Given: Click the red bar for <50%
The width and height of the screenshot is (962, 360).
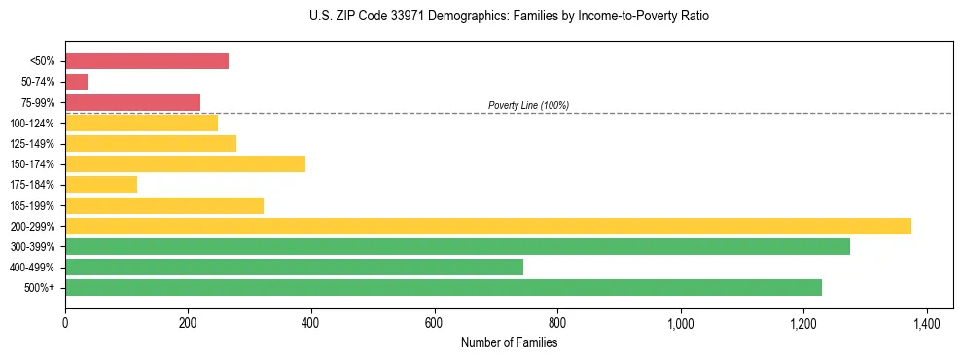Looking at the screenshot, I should click(x=147, y=61).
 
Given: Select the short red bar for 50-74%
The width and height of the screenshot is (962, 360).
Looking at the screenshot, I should click(x=77, y=82).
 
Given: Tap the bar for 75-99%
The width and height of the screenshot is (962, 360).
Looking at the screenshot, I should click(x=133, y=102).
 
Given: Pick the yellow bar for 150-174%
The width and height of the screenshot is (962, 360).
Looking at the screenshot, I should click(x=186, y=164).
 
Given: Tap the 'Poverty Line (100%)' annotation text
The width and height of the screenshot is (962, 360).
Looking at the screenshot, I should click(x=528, y=105).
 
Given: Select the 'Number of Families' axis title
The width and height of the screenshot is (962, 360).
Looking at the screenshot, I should click(x=509, y=342).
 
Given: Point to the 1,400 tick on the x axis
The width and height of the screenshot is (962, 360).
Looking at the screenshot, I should click(x=926, y=322).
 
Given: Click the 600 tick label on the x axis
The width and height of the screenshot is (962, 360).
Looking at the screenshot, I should click(x=434, y=322).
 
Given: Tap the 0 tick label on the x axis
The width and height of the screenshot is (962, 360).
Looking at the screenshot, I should click(x=65, y=322).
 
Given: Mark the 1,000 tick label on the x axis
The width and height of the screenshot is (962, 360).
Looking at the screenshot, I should click(x=680, y=322).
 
